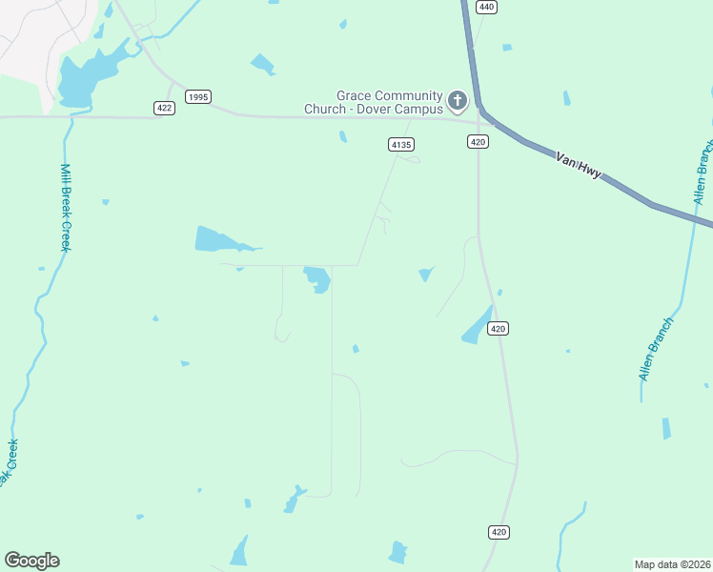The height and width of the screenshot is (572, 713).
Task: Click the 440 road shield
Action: click(x=486, y=8)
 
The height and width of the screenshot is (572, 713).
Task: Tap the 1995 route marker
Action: click(x=198, y=96)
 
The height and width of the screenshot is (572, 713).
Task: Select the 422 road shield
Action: click(x=164, y=109)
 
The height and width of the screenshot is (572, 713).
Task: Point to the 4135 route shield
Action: click(x=400, y=144)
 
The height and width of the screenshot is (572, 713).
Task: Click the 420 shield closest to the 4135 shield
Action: click(x=479, y=142)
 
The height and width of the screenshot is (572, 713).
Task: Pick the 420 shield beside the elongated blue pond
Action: click(x=499, y=328)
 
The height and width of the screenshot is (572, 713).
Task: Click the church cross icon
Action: click(x=458, y=100)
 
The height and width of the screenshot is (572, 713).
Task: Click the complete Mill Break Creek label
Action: click(x=66, y=207)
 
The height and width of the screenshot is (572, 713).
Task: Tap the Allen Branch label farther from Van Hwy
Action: click(x=657, y=350)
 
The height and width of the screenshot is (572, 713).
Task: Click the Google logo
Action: click(x=31, y=560)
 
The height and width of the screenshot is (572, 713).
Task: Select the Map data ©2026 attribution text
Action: click(x=673, y=563)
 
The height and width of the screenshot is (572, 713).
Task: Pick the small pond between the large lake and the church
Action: click(x=262, y=65)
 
